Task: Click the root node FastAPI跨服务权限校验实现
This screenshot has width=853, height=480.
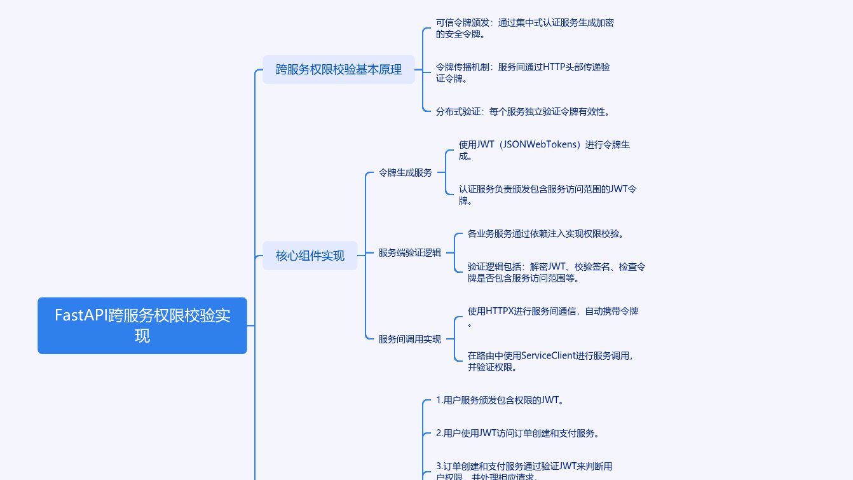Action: pos(142,326)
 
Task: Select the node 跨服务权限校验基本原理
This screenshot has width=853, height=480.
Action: pos(338,69)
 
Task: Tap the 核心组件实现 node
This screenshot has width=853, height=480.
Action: pos(310,256)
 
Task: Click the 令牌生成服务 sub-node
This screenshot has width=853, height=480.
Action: pos(405,172)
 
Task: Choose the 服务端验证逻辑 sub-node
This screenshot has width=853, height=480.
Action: pos(409,252)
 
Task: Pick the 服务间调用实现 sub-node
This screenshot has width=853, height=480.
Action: pos(409,339)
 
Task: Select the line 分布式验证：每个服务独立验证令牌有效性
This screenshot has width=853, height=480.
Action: pos(523,112)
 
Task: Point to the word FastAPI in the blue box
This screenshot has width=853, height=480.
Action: pos(81,315)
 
